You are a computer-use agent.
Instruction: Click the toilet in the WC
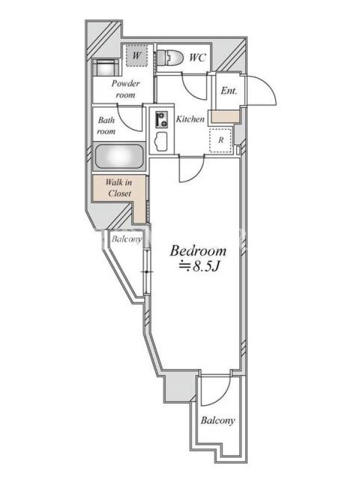pyautogui.click(x=170, y=57)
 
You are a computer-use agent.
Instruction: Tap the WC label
pyautogui.click(x=197, y=58)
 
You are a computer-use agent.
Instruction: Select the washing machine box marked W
pyautogui.click(x=137, y=55)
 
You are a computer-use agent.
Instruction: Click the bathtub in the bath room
pyautogui.click(x=119, y=156)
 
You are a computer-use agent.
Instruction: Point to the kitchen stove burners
pyautogui.click(x=161, y=119)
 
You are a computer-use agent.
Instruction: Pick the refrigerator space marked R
pyautogui.click(x=221, y=140)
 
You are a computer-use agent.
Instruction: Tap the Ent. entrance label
pyautogui.click(x=229, y=91)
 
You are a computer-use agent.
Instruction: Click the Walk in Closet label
pyautogui.click(x=119, y=188)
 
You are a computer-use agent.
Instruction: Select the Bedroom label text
pyautogui.click(x=198, y=251)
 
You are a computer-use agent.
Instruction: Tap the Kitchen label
pyautogui.click(x=190, y=119)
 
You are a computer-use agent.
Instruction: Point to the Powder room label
pyautogui.click(x=125, y=89)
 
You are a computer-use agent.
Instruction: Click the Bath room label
pyautogui.click(x=106, y=125)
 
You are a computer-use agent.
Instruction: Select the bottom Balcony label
pyautogui.click(x=218, y=421)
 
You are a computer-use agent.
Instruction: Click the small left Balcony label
pyautogui.click(x=127, y=239)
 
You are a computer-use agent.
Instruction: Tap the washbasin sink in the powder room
pyautogui.click(x=106, y=67)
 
